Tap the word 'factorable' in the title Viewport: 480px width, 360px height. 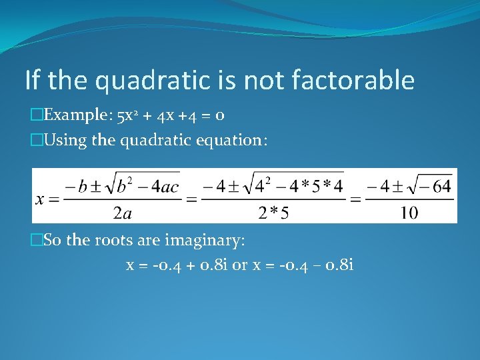coord(353,81)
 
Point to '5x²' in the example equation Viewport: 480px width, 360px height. coord(127,115)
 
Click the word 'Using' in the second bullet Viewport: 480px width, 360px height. coord(63,140)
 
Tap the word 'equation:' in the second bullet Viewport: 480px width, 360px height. coord(235,140)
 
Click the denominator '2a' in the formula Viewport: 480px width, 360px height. coord(121,213)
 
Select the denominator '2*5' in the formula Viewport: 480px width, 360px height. coord(273,213)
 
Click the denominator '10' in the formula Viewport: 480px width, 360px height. coord(409,213)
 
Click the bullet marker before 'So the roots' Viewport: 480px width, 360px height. coord(36,240)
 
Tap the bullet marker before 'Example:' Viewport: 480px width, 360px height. coord(36,115)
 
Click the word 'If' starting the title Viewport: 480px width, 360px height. coord(33,81)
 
